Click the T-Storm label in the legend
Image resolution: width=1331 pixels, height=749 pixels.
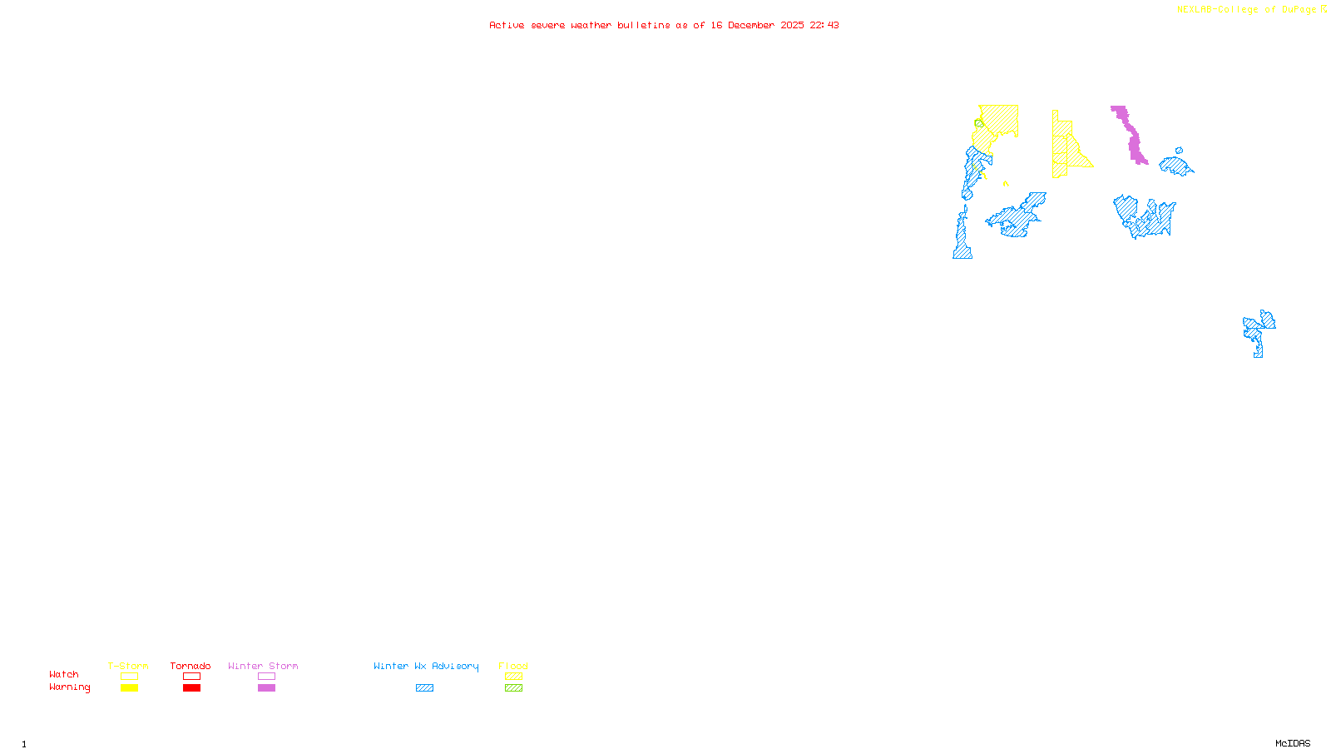pos(128,666)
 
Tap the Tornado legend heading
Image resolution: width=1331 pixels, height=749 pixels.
pos(190,666)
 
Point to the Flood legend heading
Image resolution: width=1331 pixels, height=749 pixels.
pos(513,666)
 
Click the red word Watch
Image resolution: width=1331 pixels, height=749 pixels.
pos(64,674)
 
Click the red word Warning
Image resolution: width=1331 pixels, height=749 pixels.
pos(69,687)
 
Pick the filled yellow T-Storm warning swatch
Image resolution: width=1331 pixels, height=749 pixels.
pos(129,688)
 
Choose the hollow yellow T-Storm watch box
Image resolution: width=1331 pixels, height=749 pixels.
pos(129,677)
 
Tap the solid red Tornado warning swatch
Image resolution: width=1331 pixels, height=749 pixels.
pos(191,688)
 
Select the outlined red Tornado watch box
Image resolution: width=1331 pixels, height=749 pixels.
pos(191,677)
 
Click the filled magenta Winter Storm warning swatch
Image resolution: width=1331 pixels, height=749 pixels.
pos(266,688)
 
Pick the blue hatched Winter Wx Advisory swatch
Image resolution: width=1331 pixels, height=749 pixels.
pos(424,688)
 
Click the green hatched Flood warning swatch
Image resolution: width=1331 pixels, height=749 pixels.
pos(513,688)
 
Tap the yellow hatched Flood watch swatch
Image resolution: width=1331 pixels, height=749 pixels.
pos(513,677)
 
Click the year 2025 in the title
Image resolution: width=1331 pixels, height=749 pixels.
pos(792,25)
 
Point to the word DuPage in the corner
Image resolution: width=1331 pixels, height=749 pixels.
pos(1299,10)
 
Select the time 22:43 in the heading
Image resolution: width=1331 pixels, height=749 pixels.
pos(824,25)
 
